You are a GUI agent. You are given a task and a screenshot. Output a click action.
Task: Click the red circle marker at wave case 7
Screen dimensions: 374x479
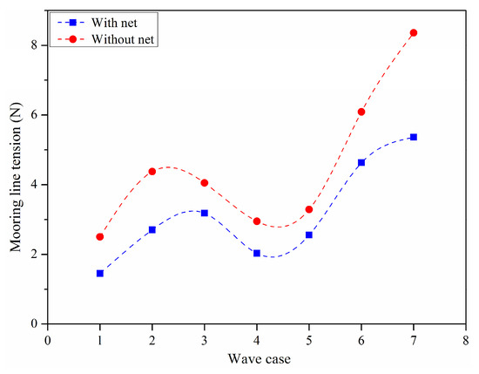tap(414, 33)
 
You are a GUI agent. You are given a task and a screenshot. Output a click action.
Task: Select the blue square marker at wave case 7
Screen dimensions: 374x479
tap(414, 137)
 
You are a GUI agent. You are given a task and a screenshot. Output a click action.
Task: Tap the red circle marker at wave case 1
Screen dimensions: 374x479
tap(100, 236)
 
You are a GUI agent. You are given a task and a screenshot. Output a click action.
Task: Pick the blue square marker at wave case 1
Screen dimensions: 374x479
tap(100, 273)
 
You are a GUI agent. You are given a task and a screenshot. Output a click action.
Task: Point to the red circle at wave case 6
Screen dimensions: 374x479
tap(361, 112)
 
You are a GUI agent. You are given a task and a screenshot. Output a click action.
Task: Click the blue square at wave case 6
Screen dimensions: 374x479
tap(361, 162)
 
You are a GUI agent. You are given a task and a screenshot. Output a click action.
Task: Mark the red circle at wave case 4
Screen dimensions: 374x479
tap(257, 221)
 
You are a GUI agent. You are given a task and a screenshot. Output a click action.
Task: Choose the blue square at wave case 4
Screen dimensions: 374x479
tap(257, 253)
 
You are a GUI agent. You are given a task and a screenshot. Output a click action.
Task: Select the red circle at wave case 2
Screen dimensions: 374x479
tap(152, 172)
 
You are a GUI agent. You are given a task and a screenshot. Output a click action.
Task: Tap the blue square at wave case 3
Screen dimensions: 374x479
tap(205, 213)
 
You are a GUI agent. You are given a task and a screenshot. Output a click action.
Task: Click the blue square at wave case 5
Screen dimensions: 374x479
tap(309, 235)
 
